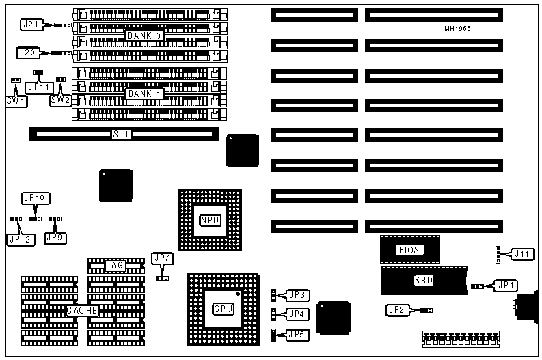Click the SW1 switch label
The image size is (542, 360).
coord(16,100)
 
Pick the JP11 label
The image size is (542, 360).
coord(38,87)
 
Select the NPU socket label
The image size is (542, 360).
coord(210,220)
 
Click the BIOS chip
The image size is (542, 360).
coord(409,250)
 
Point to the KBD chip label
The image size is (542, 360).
coord(424,280)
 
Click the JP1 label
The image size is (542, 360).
coord(506,286)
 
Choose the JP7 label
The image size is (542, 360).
coord(162,258)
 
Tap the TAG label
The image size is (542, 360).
coord(116,265)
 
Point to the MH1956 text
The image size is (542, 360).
coord(457,29)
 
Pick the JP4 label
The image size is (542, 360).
coord(296,314)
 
